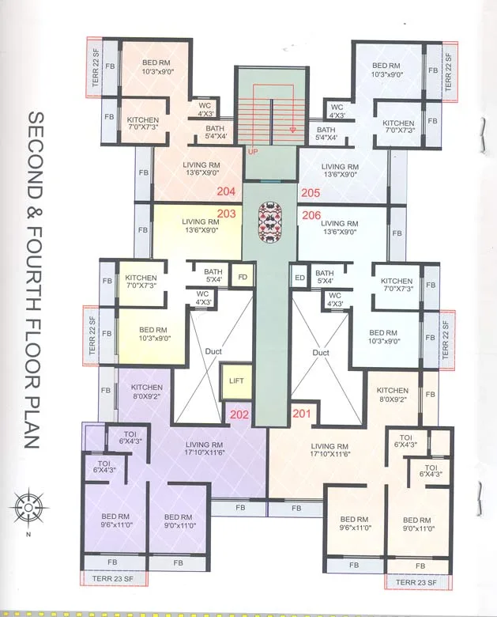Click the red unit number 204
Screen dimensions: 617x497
click(226, 191)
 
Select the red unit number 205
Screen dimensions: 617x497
click(310, 191)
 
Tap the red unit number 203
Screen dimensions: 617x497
click(226, 213)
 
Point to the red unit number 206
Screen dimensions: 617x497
click(310, 214)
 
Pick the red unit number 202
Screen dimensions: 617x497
click(239, 413)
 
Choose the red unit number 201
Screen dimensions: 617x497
click(302, 413)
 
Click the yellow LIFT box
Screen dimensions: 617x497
click(236, 380)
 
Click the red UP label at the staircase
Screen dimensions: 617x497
click(253, 150)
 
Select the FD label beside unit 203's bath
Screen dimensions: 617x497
click(243, 277)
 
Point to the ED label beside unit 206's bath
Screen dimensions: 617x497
click(299, 277)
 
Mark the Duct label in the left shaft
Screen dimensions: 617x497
click(211, 352)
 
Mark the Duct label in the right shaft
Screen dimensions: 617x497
click(320, 352)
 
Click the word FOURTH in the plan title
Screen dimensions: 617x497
click(33, 270)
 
